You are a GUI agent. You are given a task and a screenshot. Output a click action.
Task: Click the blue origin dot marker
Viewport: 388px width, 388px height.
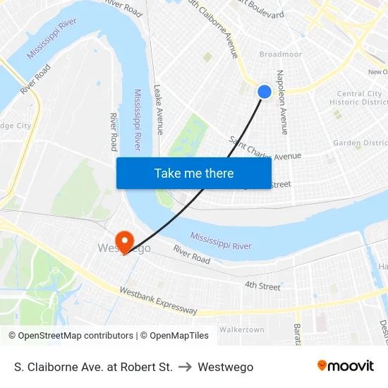[x=265, y=92]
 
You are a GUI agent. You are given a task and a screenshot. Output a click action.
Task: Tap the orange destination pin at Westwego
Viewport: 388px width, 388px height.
[x=125, y=241]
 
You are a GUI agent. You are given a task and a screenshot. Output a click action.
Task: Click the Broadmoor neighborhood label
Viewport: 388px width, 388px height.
[x=280, y=54]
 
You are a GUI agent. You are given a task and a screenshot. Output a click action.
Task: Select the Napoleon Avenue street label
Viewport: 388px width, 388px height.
[x=282, y=102]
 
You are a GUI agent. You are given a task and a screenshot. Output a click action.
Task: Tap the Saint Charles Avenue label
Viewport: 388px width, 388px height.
[x=265, y=149]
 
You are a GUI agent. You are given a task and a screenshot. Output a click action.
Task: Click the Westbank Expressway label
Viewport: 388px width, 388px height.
[x=158, y=301]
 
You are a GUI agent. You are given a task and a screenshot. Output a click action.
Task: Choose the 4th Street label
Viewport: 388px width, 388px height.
[x=262, y=286]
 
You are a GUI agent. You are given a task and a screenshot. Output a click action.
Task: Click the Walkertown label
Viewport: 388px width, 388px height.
[x=241, y=329]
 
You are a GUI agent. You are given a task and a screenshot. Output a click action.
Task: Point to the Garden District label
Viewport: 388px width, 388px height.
[x=360, y=143]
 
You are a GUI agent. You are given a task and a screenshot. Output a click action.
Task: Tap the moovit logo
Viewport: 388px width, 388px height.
[x=345, y=366]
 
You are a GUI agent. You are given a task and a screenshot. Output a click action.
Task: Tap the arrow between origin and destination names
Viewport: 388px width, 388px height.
[x=186, y=367]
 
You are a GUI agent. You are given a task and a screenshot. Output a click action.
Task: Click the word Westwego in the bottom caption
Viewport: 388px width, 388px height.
[x=226, y=367]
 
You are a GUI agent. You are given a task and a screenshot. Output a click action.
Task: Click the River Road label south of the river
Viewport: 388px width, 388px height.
[x=192, y=254]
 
